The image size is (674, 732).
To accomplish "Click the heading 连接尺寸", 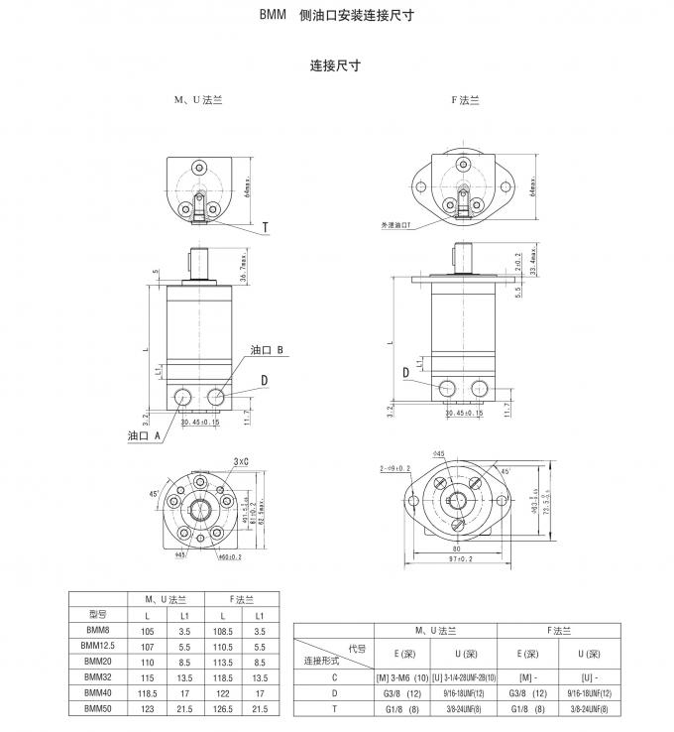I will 335,66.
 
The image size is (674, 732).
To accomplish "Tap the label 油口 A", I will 145,435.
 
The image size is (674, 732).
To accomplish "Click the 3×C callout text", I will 242,461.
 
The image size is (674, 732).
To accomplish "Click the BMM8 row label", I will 97,630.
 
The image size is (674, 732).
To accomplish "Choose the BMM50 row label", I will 97,708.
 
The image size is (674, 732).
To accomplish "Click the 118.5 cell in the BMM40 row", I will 150,692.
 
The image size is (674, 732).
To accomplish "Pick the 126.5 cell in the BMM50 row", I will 223,708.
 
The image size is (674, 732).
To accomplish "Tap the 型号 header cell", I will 97,614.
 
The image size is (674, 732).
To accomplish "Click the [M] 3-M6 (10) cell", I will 397,677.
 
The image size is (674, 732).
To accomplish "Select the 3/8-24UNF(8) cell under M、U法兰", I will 462,708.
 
